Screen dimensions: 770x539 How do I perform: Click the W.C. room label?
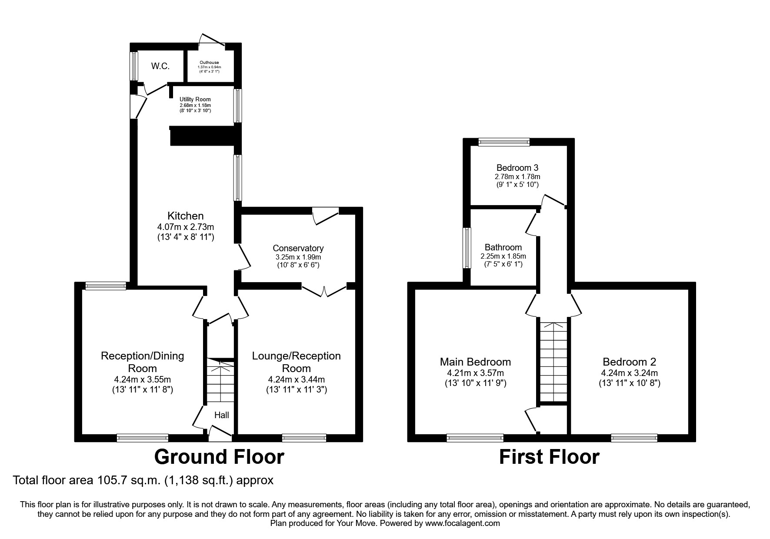[x=160, y=67]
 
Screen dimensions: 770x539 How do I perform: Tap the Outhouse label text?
[x=209, y=63]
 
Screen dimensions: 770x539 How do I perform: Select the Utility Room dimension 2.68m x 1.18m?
[x=195, y=106]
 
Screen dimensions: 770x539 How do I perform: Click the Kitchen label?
[x=186, y=216]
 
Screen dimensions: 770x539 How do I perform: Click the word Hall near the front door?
[x=222, y=415]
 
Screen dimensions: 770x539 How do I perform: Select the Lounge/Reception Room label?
[x=297, y=362]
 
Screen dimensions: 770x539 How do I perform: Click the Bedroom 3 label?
[x=514, y=168]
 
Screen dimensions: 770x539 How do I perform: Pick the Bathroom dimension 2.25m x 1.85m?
[x=503, y=256]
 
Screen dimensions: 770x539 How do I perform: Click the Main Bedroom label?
[x=476, y=362]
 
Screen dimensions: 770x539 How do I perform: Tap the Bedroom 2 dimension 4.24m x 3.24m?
[x=630, y=373]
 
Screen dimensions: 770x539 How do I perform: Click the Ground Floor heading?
[x=220, y=457]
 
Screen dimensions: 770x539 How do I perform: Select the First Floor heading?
[x=549, y=457]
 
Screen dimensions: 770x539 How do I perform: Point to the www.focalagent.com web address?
[x=462, y=523]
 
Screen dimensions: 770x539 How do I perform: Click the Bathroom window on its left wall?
[x=467, y=248]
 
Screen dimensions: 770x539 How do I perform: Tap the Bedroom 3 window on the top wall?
[x=504, y=142]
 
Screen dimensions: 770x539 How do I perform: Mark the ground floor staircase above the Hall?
[x=220, y=381]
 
